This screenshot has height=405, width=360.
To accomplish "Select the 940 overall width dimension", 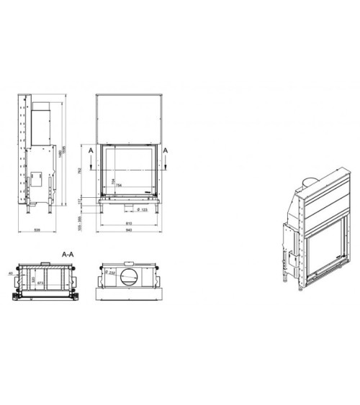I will tap(127, 230).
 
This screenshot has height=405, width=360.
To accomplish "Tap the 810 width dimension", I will tap(127, 222).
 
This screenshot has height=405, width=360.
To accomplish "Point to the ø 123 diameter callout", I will tap(142, 209).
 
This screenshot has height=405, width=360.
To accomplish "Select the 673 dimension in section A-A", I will tap(40, 283).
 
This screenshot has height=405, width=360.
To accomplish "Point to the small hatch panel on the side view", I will tap(35, 177).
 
